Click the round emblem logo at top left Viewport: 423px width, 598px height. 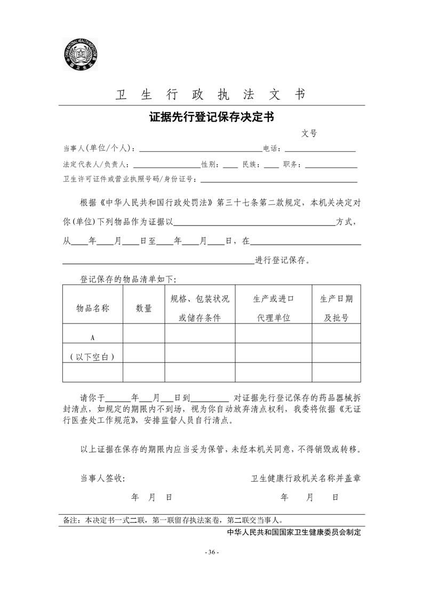point(79,54)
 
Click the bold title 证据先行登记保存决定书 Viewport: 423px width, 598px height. point(211,117)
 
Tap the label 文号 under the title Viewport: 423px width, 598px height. point(309,133)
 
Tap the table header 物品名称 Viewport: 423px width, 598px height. point(93,308)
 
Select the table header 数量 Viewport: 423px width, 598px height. point(143,308)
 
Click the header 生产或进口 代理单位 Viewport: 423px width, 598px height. point(274,308)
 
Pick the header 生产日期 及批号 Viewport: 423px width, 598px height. point(336,308)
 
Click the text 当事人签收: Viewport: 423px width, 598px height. point(103,479)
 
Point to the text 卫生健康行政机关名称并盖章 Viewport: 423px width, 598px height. point(306,479)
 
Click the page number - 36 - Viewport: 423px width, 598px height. point(212,552)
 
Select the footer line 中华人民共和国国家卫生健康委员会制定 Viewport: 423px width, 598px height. point(294,532)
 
